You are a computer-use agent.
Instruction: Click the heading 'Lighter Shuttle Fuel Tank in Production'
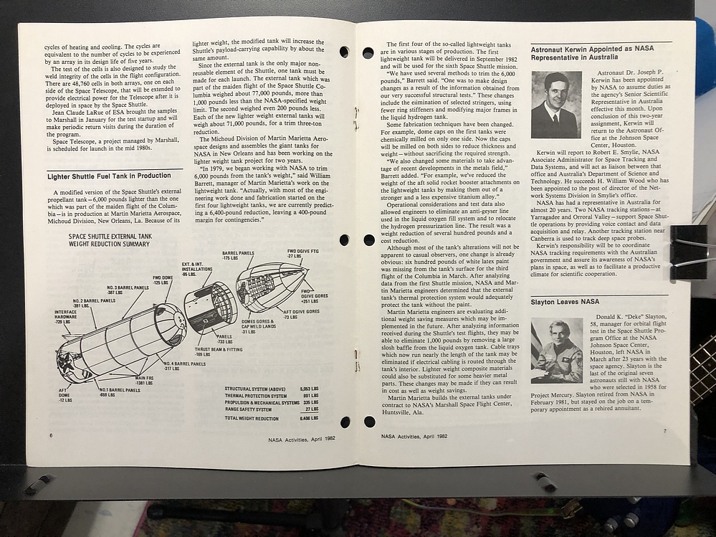[x=109, y=176]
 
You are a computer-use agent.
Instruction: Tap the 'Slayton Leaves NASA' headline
[x=565, y=302]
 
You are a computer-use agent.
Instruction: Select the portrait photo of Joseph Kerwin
[x=555, y=105]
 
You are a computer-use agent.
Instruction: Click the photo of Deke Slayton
[x=556, y=351]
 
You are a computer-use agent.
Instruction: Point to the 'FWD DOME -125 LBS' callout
[x=163, y=280]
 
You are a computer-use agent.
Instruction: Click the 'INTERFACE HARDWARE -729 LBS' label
[x=66, y=317]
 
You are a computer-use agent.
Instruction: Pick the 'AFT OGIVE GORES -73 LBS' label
[x=301, y=314]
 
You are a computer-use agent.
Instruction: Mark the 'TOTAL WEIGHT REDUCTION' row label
[x=252, y=419]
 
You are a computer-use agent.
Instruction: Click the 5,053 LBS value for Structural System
[x=309, y=389]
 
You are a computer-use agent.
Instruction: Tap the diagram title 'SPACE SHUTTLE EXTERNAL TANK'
[x=111, y=236]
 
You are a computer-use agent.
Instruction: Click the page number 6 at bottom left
[x=50, y=436]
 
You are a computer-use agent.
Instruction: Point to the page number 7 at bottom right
[x=664, y=430]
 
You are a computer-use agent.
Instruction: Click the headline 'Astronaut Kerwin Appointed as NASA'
[x=591, y=49]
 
